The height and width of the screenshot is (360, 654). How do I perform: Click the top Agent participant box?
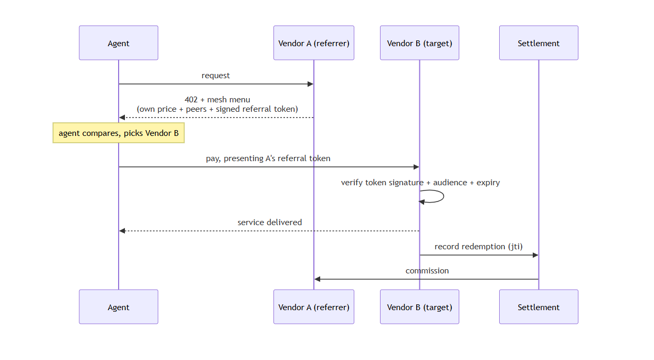[x=119, y=43]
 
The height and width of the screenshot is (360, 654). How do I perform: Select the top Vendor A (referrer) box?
[x=314, y=43]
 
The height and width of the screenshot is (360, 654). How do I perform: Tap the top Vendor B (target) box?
[x=419, y=43]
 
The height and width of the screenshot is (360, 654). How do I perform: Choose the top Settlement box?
[x=539, y=43]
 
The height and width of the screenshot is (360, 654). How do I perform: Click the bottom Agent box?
[x=119, y=307]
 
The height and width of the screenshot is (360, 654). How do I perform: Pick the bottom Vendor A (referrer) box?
[x=314, y=307]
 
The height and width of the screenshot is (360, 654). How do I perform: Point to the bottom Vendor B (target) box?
[x=419, y=307]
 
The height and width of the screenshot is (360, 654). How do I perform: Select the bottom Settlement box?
[x=539, y=307]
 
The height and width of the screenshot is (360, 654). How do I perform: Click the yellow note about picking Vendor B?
[x=119, y=133]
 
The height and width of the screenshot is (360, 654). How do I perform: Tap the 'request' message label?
[x=216, y=76]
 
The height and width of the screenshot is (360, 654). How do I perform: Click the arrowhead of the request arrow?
[x=311, y=84]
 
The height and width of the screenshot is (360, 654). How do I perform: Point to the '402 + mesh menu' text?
[x=217, y=100]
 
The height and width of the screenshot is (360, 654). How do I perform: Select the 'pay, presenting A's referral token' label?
[x=268, y=158]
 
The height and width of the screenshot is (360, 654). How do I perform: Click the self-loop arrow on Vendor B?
[x=444, y=196]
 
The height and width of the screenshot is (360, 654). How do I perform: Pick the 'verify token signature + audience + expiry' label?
[x=420, y=183]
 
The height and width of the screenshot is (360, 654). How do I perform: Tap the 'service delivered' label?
[x=269, y=223]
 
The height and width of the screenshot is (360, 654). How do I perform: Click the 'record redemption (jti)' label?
[x=479, y=247]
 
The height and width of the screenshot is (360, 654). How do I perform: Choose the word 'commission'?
[x=427, y=271]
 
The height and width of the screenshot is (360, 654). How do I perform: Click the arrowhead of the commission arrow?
[x=318, y=279]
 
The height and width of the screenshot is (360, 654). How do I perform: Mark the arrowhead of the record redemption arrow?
[x=535, y=255]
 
